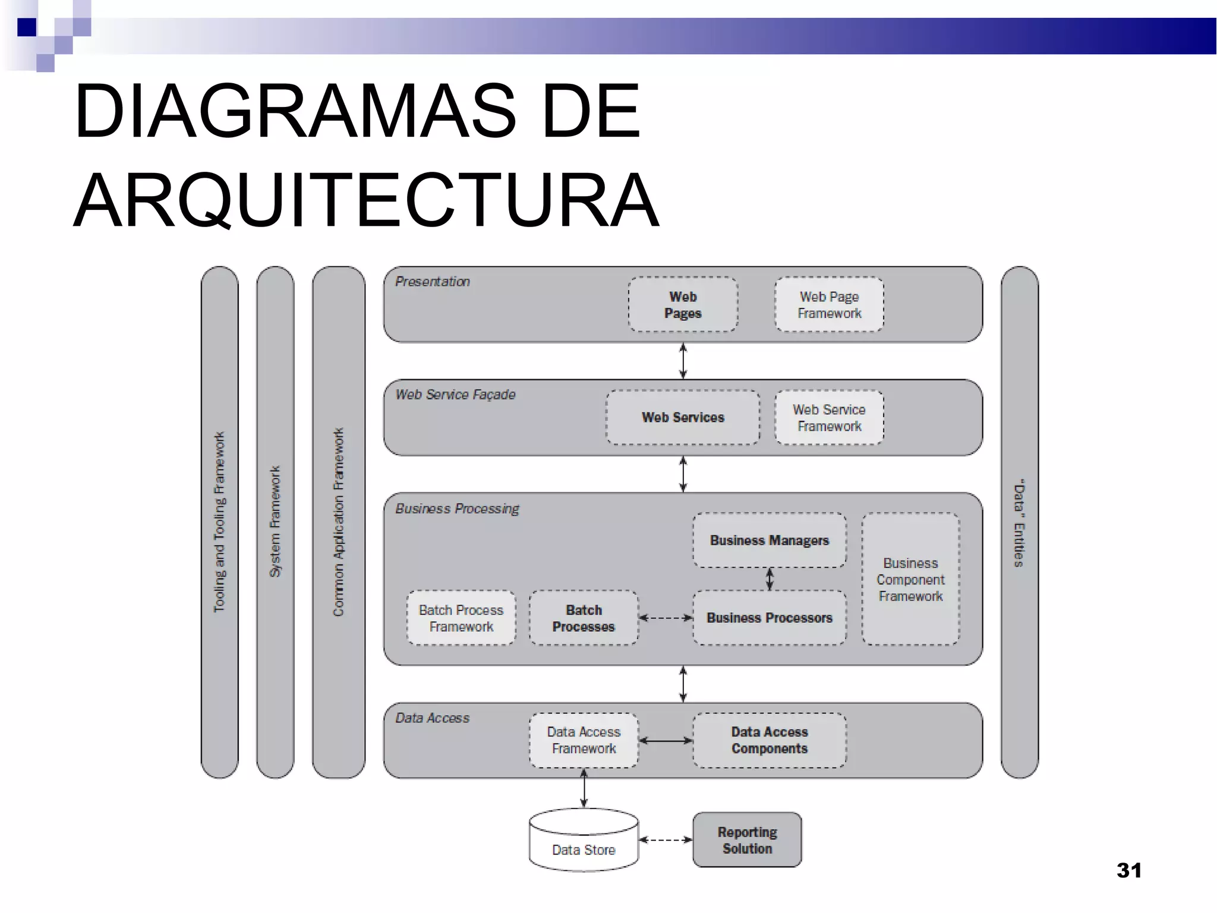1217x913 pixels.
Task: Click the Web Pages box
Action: click(683, 304)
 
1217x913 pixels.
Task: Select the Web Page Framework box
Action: click(829, 304)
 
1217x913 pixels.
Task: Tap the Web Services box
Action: click(683, 417)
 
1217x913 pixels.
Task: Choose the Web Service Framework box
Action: click(829, 417)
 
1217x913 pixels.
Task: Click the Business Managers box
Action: click(769, 540)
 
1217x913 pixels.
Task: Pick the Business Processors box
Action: click(769, 618)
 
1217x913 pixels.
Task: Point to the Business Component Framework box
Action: click(910, 579)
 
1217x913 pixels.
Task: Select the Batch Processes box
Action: click(584, 618)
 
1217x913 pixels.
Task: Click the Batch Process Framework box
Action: click(461, 618)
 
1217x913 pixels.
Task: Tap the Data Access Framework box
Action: click(584, 740)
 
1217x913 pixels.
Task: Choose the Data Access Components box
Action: click(769, 740)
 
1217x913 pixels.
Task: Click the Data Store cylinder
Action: click(584, 841)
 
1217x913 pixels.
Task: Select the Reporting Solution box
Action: click(747, 840)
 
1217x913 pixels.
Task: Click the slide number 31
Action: click(1128, 870)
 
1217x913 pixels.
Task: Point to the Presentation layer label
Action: click(433, 282)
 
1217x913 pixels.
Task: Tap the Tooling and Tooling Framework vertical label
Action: click(219, 522)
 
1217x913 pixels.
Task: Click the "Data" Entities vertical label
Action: click(1019, 522)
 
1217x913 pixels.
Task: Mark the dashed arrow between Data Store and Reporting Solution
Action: click(666, 840)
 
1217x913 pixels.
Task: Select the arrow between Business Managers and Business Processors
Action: click(770, 579)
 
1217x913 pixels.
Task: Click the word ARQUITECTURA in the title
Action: click(366, 200)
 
